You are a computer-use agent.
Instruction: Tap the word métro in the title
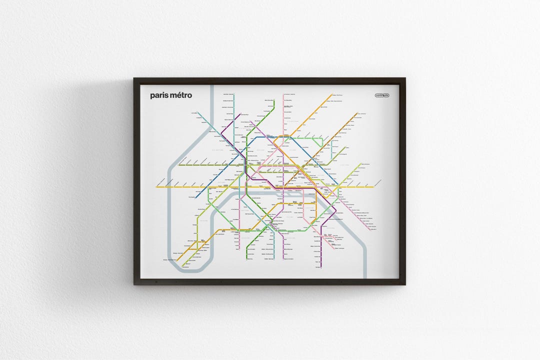180,95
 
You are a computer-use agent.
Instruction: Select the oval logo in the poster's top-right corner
382,95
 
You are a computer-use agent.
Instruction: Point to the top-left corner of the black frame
135,79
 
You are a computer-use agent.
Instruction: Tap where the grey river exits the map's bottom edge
364,277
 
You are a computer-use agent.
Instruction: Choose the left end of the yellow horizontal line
156,187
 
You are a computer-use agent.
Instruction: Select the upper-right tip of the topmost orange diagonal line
332,94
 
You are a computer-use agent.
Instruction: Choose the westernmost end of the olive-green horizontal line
178,163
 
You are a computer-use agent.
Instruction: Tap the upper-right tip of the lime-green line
360,163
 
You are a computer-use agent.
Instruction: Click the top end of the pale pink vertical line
283,94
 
